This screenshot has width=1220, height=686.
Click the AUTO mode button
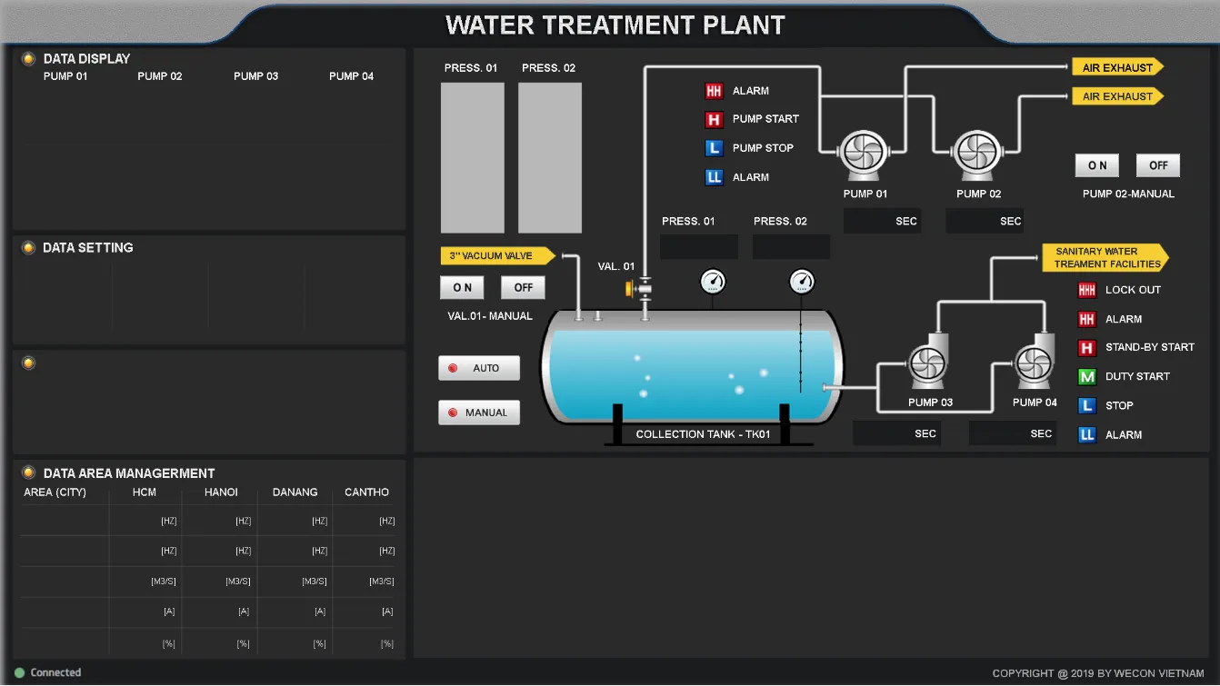[x=479, y=368]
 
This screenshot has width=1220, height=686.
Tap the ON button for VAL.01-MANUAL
[x=462, y=287]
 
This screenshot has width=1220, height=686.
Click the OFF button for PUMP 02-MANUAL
[x=1158, y=165]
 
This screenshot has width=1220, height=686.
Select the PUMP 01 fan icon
[x=864, y=153]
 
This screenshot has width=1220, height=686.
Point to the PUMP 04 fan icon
[x=1034, y=363]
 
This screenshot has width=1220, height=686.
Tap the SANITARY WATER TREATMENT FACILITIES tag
[x=1105, y=257]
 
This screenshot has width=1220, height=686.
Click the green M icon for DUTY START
[x=1087, y=376]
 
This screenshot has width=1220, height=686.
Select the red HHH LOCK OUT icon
[x=1087, y=290]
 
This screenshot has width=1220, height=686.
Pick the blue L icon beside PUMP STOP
[x=714, y=148]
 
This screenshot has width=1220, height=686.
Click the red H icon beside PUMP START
[x=714, y=119]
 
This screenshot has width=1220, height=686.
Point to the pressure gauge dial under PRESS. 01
[x=713, y=282]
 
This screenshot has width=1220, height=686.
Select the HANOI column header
[x=221, y=492]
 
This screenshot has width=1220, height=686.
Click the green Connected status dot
[x=20, y=673]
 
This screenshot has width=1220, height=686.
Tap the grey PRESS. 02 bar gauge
[x=549, y=158]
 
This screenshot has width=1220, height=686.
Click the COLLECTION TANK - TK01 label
[x=703, y=434]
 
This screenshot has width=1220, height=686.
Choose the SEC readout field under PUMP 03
[x=896, y=433]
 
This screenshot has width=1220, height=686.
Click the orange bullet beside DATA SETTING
[x=28, y=248]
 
